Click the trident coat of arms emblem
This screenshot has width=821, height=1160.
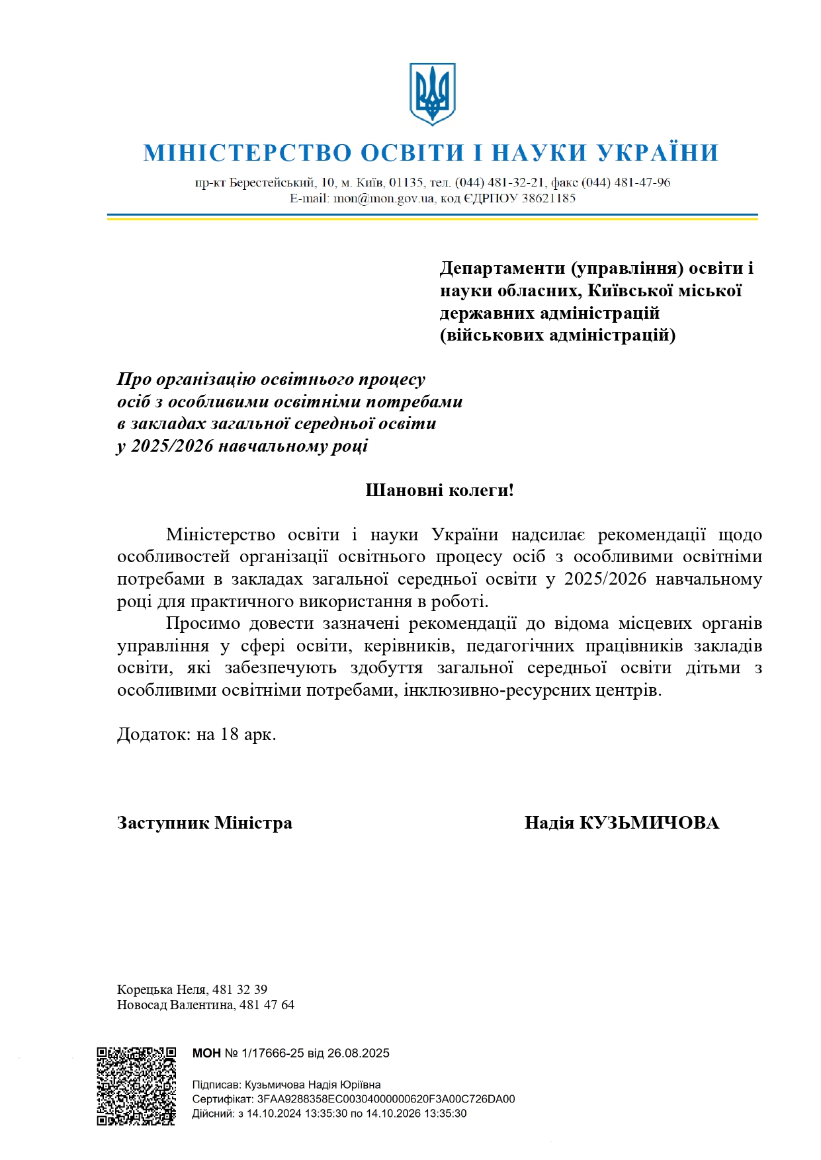[432, 94]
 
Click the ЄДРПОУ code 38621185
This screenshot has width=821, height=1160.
[548, 198]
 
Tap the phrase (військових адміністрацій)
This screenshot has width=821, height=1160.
[558, 335]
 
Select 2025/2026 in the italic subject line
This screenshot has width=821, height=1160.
[172, 446]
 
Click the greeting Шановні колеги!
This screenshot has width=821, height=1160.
[439, 491]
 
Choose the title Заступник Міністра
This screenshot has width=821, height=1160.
[204, 823]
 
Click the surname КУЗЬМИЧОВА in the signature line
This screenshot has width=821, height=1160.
[649, 823]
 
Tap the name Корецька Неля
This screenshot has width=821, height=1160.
[161, 990]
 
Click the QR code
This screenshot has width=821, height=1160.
[136, 1086]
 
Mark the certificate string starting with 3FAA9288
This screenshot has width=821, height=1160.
[386, 1099]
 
